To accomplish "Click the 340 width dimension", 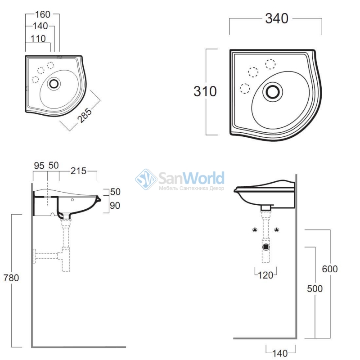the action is tap(277, 18).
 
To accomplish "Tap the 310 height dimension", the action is tap(205, 91).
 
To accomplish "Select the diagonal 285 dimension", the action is tap(84, 115).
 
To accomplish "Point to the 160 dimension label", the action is tap(42, 14).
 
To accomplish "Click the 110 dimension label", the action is tap(38, 39).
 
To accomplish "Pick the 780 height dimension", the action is tap(11, 278).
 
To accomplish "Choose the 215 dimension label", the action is tap(78, 171).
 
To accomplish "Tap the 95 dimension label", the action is tap(39, 166).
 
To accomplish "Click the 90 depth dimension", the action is tap(115, 206).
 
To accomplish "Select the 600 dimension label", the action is tap(330, 269).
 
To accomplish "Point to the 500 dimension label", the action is tap(315, 288).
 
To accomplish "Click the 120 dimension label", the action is tap(265, 275).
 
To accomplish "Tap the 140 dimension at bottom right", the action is tap(280, 353).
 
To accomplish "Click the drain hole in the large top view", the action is tap(273, 92).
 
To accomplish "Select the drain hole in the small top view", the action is tap(54, 84).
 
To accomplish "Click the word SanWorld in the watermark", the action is tap(191, 178).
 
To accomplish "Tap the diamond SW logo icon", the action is tap(146, 179).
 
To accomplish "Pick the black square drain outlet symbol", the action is tap(266, 247).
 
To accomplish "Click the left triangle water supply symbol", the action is tap(255, 229).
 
